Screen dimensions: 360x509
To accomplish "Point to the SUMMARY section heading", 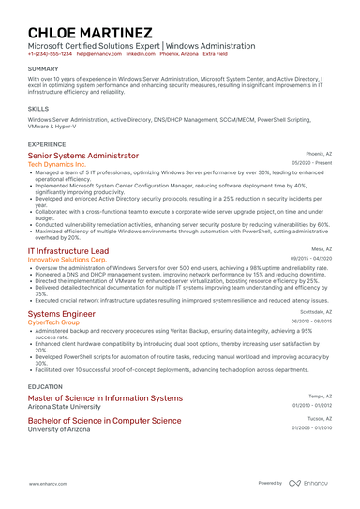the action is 43,69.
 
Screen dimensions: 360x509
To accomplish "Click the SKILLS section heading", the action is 38,109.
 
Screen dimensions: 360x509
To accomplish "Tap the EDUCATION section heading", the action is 45,385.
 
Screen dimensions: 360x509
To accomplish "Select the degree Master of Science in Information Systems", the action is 105,398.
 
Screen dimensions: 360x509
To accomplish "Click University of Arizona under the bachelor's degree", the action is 61,428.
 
